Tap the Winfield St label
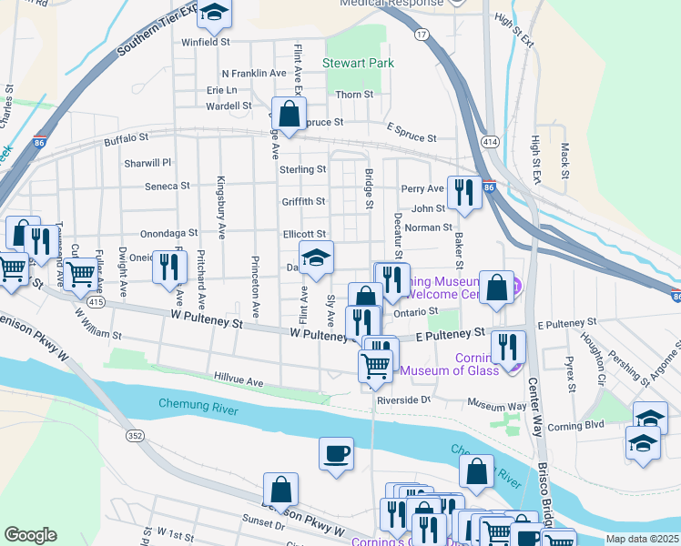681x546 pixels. click(x=206, y=42)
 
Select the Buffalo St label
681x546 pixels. click(x=126, y=138)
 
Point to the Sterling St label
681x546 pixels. click(x=302, y=169)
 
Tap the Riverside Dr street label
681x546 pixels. click(x=401, y=399)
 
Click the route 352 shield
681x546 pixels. click(x=136, y=436)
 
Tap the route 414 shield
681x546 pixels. click(x=490, y=142)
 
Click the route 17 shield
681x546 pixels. click(x=421, y=35)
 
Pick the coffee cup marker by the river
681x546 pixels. click(x=336, y=452)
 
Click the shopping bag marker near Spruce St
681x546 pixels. click(x=289, y=115)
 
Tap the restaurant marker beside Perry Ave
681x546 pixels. click(x=464, y=192)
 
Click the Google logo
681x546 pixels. click(x=30, y=535)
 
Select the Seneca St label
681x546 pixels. click(x=167, y=186)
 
